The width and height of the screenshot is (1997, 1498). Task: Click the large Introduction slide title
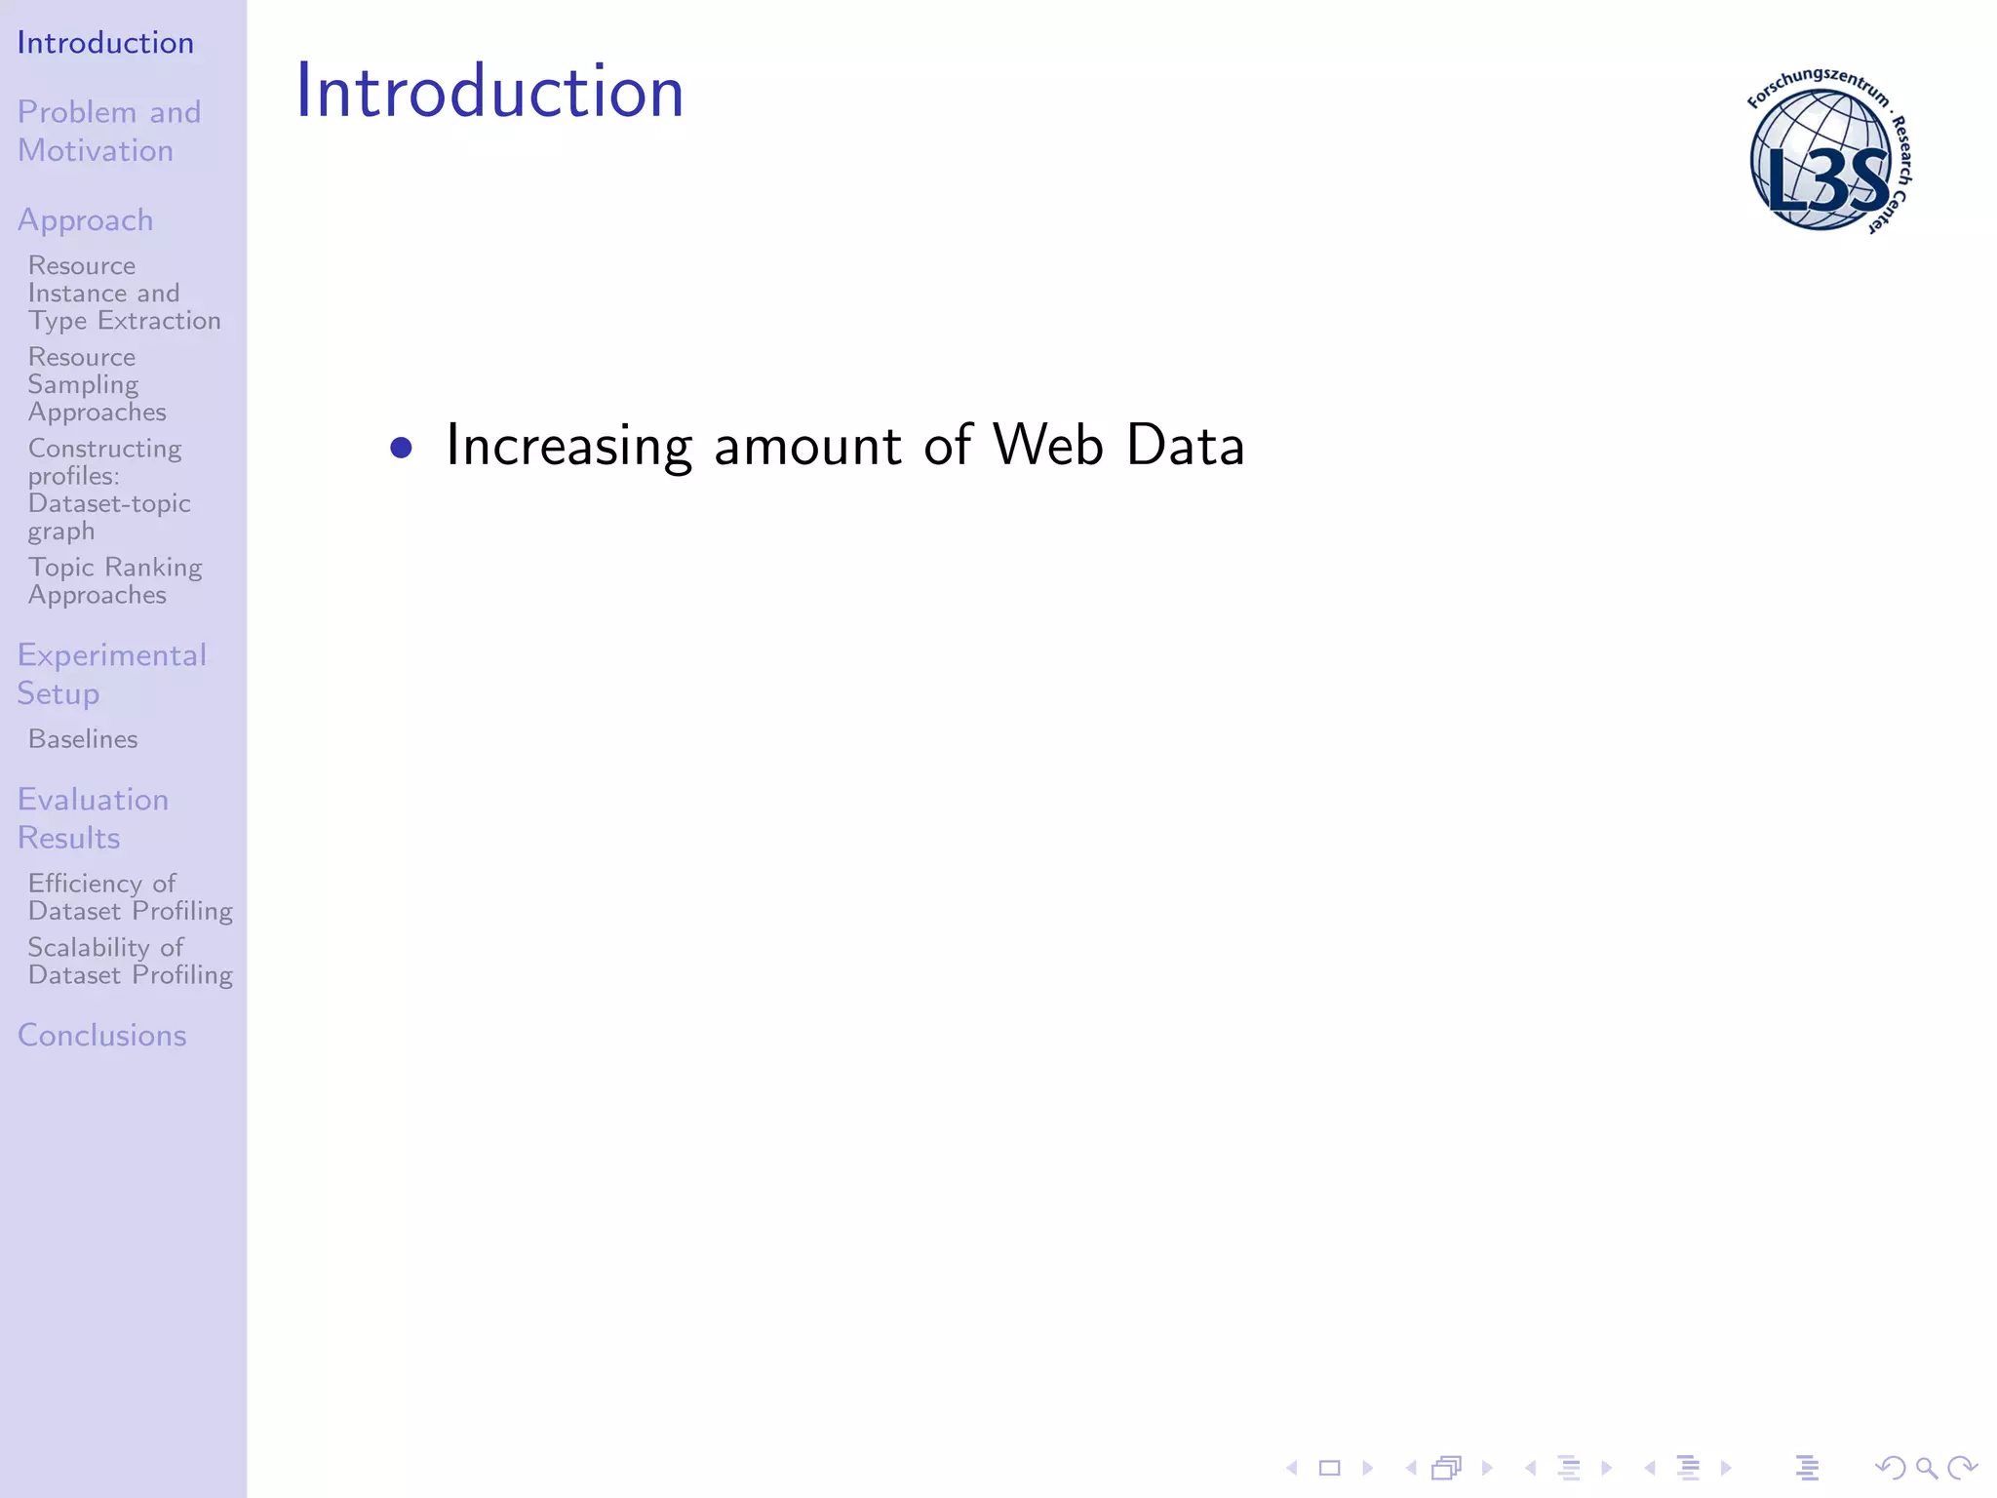pyautogui.click(x=489, y=91)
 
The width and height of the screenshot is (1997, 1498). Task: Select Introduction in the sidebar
pyautogui.click(x=105, y=43)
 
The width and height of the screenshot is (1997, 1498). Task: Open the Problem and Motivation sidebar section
pyautogui.click(x=109, y=131)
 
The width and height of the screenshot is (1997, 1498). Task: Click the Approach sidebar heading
pyautogui.click(x=86, y=220)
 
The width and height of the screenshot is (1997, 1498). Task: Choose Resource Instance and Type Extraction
pyautogui.click(x=124, y=293)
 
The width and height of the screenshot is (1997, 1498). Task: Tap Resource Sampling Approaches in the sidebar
pyautogui.click(x=97, y=384)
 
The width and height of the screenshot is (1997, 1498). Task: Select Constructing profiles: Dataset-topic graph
pyautogui.click(x=108, y=490)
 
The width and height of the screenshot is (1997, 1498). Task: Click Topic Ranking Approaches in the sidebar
pyautogui.click(x=115, y=581)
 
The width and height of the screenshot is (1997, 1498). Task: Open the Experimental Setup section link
pyautogui.click(x=111, y=674)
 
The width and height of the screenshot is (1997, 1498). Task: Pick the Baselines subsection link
pyautogui.click(x=83, y=739)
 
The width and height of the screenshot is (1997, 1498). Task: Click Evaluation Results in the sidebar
pyautogui.click(x=93, y=818)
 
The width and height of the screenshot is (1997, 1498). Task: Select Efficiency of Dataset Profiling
pyautogui.click(x=130, y=897)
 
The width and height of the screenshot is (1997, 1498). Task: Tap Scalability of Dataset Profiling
pyautogui.click(x=130, y=962)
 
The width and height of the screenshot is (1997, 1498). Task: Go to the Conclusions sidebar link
pyautogui.click(x=101, y=1036)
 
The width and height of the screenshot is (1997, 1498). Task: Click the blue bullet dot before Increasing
pyautogui.click(x=401, y=448)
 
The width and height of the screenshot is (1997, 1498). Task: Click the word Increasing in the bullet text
pyautogui.click(x=568, y=447)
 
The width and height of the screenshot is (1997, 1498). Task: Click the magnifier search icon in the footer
pyautogui.click(x=1926, y=1468)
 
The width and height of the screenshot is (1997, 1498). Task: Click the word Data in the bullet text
pyautogui.click(x=1185, y=445)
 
